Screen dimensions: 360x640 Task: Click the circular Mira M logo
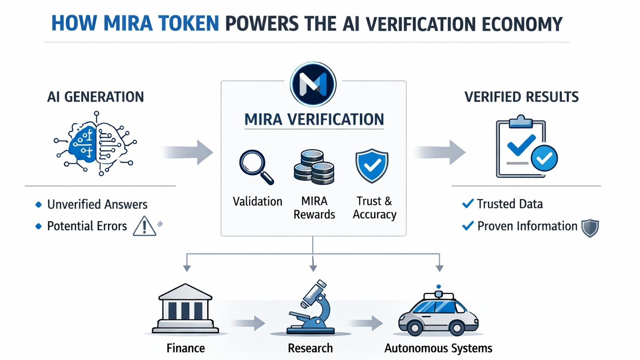tap(313, 84)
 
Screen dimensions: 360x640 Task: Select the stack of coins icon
tap(314, 167)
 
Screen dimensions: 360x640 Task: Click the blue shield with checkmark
tap(372, 166)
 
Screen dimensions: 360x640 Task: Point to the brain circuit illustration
tap(96, 144)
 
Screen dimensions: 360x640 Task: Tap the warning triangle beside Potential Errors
tap(144, 226)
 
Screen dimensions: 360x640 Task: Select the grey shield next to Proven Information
tap(590, 228)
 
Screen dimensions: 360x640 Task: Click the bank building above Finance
tap(185, 309)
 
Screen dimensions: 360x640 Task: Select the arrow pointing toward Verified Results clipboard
tap(440, 152)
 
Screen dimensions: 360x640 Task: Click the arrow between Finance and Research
tap(249, 323)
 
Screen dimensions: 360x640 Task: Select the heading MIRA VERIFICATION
tap(314, 120)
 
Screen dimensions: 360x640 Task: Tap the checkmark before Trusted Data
tap(467, 204)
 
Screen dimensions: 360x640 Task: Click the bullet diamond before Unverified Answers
tap(39, 204)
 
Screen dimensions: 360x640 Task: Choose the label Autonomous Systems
tap(438, 348)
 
